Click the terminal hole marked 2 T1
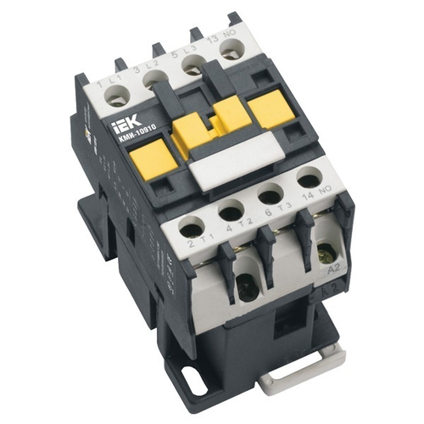pos(192,228)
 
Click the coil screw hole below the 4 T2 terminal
pos(247,289)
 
